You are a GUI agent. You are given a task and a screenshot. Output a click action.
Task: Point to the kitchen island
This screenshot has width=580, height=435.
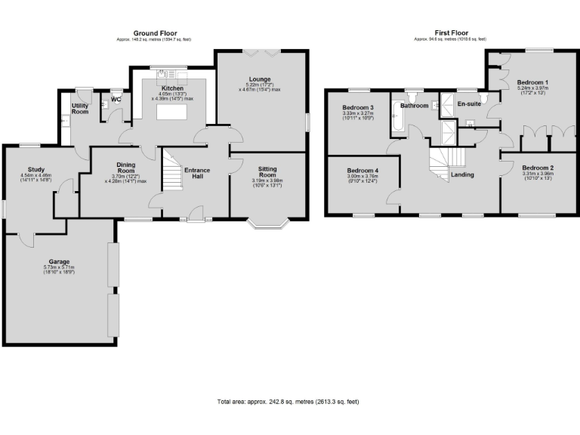pos(171,113)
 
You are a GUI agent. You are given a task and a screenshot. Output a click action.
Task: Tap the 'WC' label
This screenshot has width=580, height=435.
pos(116,99)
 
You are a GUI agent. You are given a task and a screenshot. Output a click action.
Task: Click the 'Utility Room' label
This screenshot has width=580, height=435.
pos(80,109)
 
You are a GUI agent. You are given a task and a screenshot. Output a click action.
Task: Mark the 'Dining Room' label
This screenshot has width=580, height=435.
pos(125,168)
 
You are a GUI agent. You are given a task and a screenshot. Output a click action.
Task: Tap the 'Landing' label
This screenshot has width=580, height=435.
pos(462,174)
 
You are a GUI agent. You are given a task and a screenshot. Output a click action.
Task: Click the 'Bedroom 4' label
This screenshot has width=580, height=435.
pos(362,170)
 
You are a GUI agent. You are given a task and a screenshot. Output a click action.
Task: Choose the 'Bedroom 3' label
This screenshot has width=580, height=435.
pos(358,107)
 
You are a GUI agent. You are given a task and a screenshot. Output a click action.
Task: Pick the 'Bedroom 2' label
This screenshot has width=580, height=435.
pos(538,167)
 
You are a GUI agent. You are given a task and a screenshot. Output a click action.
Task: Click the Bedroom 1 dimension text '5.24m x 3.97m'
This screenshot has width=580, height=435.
pos(532,88)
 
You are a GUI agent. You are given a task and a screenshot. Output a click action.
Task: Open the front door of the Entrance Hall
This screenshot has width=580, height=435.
pos(194,219)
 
